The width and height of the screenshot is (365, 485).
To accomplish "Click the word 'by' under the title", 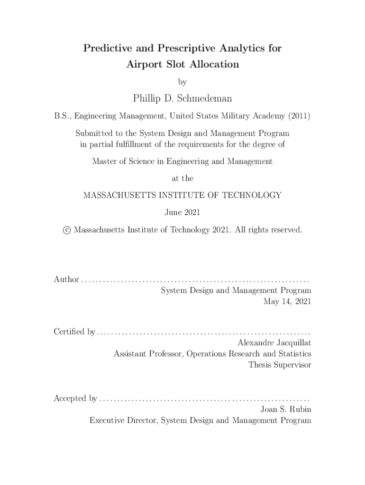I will tap(182, 82).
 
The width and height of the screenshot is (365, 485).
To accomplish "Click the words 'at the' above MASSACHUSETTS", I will tap(182, 179).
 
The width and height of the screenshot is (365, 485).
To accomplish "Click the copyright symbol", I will tap(67, 230).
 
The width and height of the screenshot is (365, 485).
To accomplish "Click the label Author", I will tap(66, 279).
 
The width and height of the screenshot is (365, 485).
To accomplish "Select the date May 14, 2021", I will tap(287, 301).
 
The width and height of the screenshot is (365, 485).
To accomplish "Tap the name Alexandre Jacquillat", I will tap(274, 342).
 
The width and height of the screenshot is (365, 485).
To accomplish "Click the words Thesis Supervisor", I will tap(280, 364).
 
